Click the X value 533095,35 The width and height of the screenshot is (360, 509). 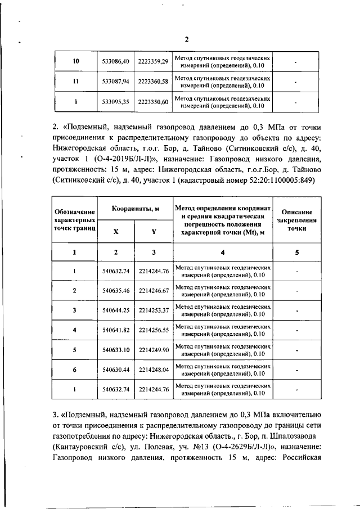click(116, 102)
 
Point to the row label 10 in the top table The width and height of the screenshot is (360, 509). click(75, 61)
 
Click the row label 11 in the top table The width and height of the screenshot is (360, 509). click(75, 82)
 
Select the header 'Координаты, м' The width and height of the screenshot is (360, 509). click(135, 208)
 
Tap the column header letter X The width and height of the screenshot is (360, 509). click(116, 231)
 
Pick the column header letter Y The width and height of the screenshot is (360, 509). click(154, 231)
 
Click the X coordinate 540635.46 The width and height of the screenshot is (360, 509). click(116, 290)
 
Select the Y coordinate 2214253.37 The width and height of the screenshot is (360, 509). click(154, 310)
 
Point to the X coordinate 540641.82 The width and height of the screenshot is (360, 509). click(116, 330)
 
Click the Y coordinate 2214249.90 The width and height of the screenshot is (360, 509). click(154, 349)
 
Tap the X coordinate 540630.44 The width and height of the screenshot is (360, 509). click(116, 369)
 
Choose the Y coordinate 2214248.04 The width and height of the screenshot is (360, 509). click(154, 369)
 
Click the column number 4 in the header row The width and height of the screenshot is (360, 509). click(223, 252)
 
